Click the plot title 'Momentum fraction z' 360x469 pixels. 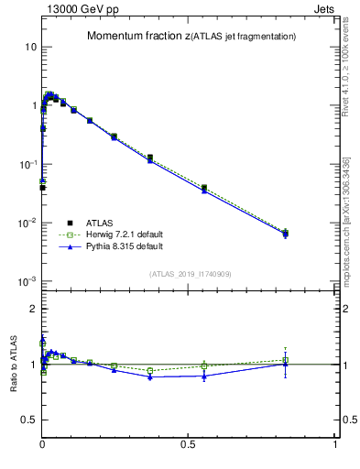pyautogui.click(x=139, y=37)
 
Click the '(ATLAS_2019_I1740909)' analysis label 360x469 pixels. pyautogui.click(x=190, y=274)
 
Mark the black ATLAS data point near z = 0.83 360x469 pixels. pyautogui.click(x=286, y=234)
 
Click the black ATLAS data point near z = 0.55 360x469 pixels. pyautogui.click(x=204, y=188)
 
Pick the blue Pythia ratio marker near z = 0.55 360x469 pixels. pyautogui.click(x=204, y=376)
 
